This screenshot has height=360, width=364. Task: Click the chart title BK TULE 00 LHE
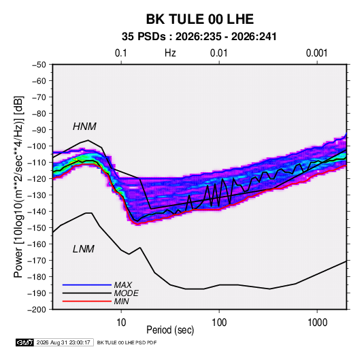coord(199,19)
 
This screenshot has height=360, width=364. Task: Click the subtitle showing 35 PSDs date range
coord(199,37)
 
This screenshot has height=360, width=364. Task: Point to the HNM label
coord(84,127)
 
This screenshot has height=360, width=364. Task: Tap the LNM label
coord(84,249)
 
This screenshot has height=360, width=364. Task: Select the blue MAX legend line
coord(87,285)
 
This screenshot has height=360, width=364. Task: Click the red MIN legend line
coord(87,301)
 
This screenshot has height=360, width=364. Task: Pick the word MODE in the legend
coord(127,293)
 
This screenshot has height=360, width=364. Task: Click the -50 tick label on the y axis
coord(39,65)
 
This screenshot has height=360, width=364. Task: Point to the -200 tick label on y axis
coord(37,310)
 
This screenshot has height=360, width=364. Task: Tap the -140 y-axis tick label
coord(37,212)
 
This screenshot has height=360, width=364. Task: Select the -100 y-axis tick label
coord(37,146)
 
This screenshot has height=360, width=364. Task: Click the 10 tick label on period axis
coord(121,323)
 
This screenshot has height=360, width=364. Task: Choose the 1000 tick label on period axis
coord(317,323)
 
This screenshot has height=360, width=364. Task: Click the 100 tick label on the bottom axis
coord(219,323)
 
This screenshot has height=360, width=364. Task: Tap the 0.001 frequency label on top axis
coord(317,53)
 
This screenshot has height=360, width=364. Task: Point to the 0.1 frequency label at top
coord(121,53)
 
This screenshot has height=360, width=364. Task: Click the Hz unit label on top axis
coord(170,53)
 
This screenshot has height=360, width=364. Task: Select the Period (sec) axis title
coord(170,330)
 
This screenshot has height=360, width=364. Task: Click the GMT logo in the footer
coord(24,342)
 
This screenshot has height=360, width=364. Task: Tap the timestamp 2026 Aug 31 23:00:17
coord(63,342)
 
